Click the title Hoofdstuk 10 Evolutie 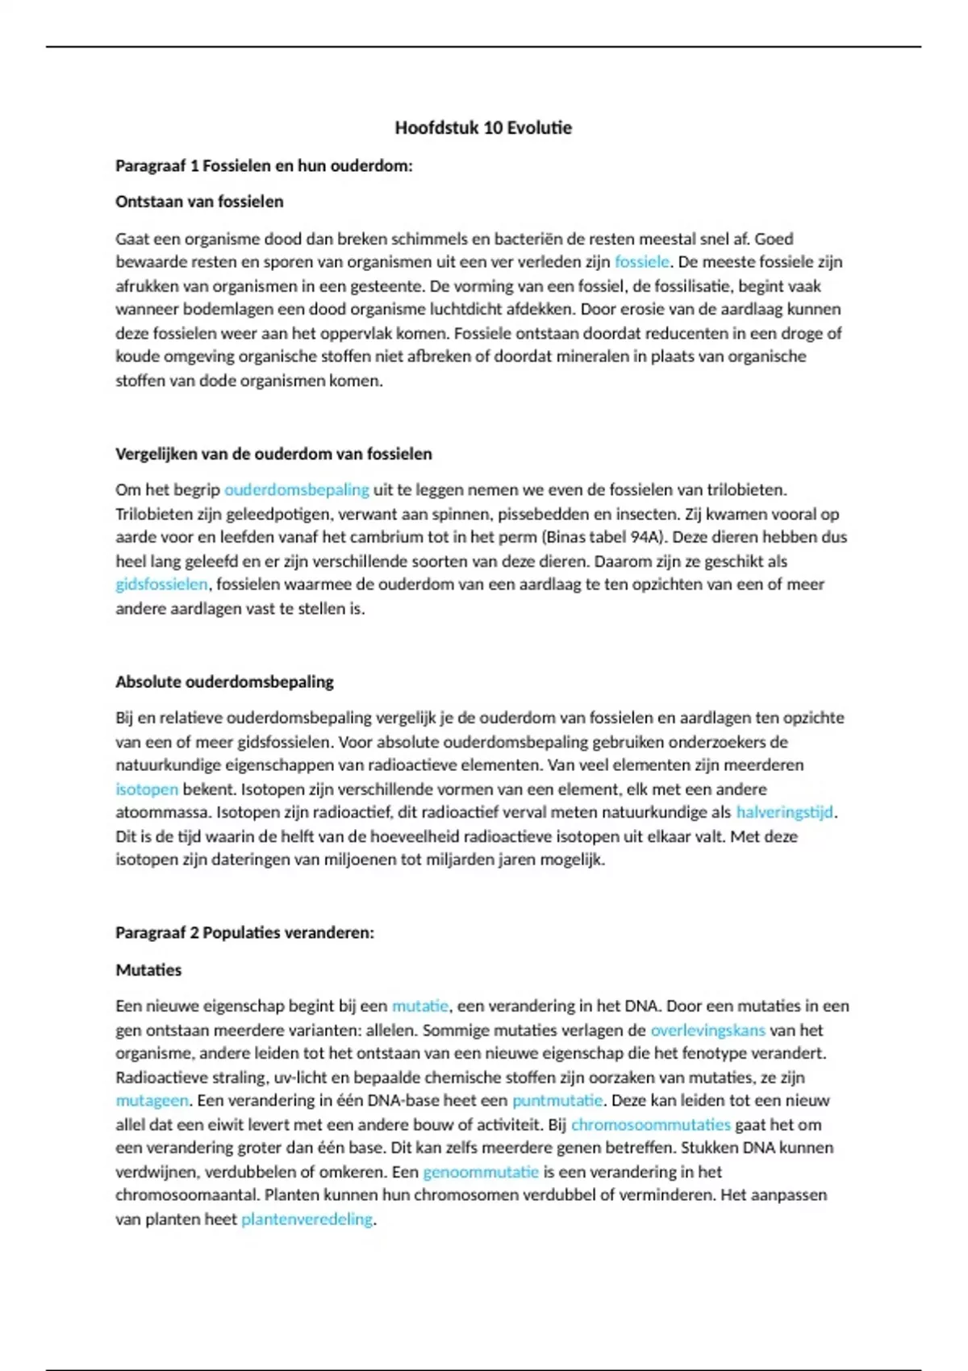coord(483,127)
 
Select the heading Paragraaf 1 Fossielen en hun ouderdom coord(264,166)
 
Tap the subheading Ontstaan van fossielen coord(199,202)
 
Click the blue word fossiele coord(642,262)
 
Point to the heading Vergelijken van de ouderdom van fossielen coord(273,454)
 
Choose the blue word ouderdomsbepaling coord(296,490)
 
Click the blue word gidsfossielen coord(161,585)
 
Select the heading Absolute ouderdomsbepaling coord(224,682)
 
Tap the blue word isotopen coord(146,790)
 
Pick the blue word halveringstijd coord(784,812)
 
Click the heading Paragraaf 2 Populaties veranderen coord(244,933)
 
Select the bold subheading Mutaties coord(148,970)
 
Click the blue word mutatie coord(419,1006)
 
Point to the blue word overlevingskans coord(707,1030)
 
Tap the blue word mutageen coord(152,1101)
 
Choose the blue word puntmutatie coord(557,1101)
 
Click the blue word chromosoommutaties coord(650,1124)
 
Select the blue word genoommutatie coord(480,1172)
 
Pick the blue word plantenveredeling coord(307,1219)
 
